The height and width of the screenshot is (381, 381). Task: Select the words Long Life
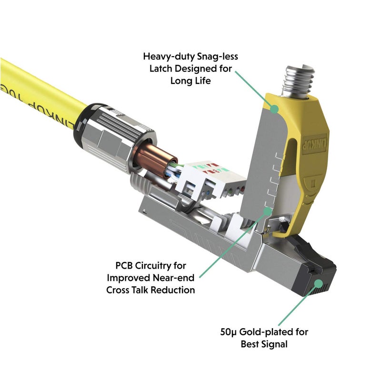[x=190, y=80]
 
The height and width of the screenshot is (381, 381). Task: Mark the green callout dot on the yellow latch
[x=274, y=109]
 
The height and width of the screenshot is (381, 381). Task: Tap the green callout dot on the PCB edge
[x=268, y=210]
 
